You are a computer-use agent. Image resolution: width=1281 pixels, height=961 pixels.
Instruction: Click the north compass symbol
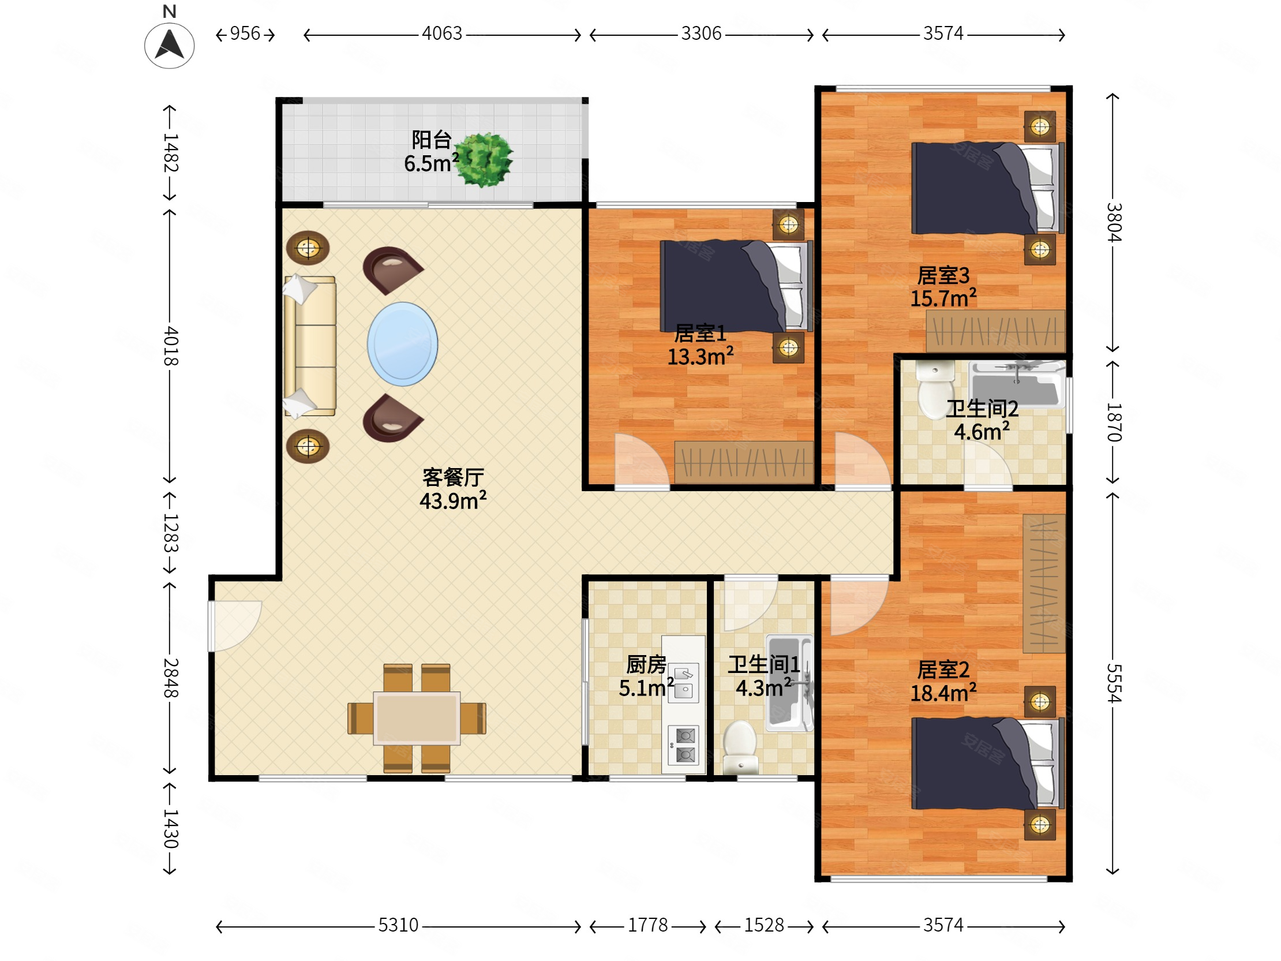point(169,46)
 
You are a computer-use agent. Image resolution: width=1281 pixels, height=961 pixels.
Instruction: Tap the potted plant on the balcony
point(484,160)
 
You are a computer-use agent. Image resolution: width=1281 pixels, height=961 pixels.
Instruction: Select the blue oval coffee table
point(403,344)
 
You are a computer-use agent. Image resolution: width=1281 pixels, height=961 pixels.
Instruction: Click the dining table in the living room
point(417,718)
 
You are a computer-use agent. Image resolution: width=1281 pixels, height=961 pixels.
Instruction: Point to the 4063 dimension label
point(442,33)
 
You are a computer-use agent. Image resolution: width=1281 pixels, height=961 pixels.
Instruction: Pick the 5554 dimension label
point(1114,683)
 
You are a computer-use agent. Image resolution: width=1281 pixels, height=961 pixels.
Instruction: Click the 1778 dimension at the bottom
point(648,925)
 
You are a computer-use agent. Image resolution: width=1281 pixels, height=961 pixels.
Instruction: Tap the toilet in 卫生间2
point(935,389)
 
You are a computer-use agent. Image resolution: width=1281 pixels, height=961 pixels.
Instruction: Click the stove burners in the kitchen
point(684,745)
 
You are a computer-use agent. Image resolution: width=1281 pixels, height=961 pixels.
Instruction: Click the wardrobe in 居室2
point(1044,584)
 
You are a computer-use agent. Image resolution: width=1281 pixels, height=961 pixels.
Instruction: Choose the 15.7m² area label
point(943,298)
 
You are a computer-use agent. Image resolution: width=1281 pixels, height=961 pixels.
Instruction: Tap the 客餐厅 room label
point(453,477)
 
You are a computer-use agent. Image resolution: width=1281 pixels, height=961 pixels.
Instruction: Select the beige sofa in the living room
point(310,346)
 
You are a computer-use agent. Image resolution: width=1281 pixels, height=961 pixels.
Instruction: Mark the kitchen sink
point(684,682)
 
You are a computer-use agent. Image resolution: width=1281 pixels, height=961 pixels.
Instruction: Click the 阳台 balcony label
point(432,140)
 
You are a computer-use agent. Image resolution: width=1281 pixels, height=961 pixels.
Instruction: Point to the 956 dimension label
point(245,33)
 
